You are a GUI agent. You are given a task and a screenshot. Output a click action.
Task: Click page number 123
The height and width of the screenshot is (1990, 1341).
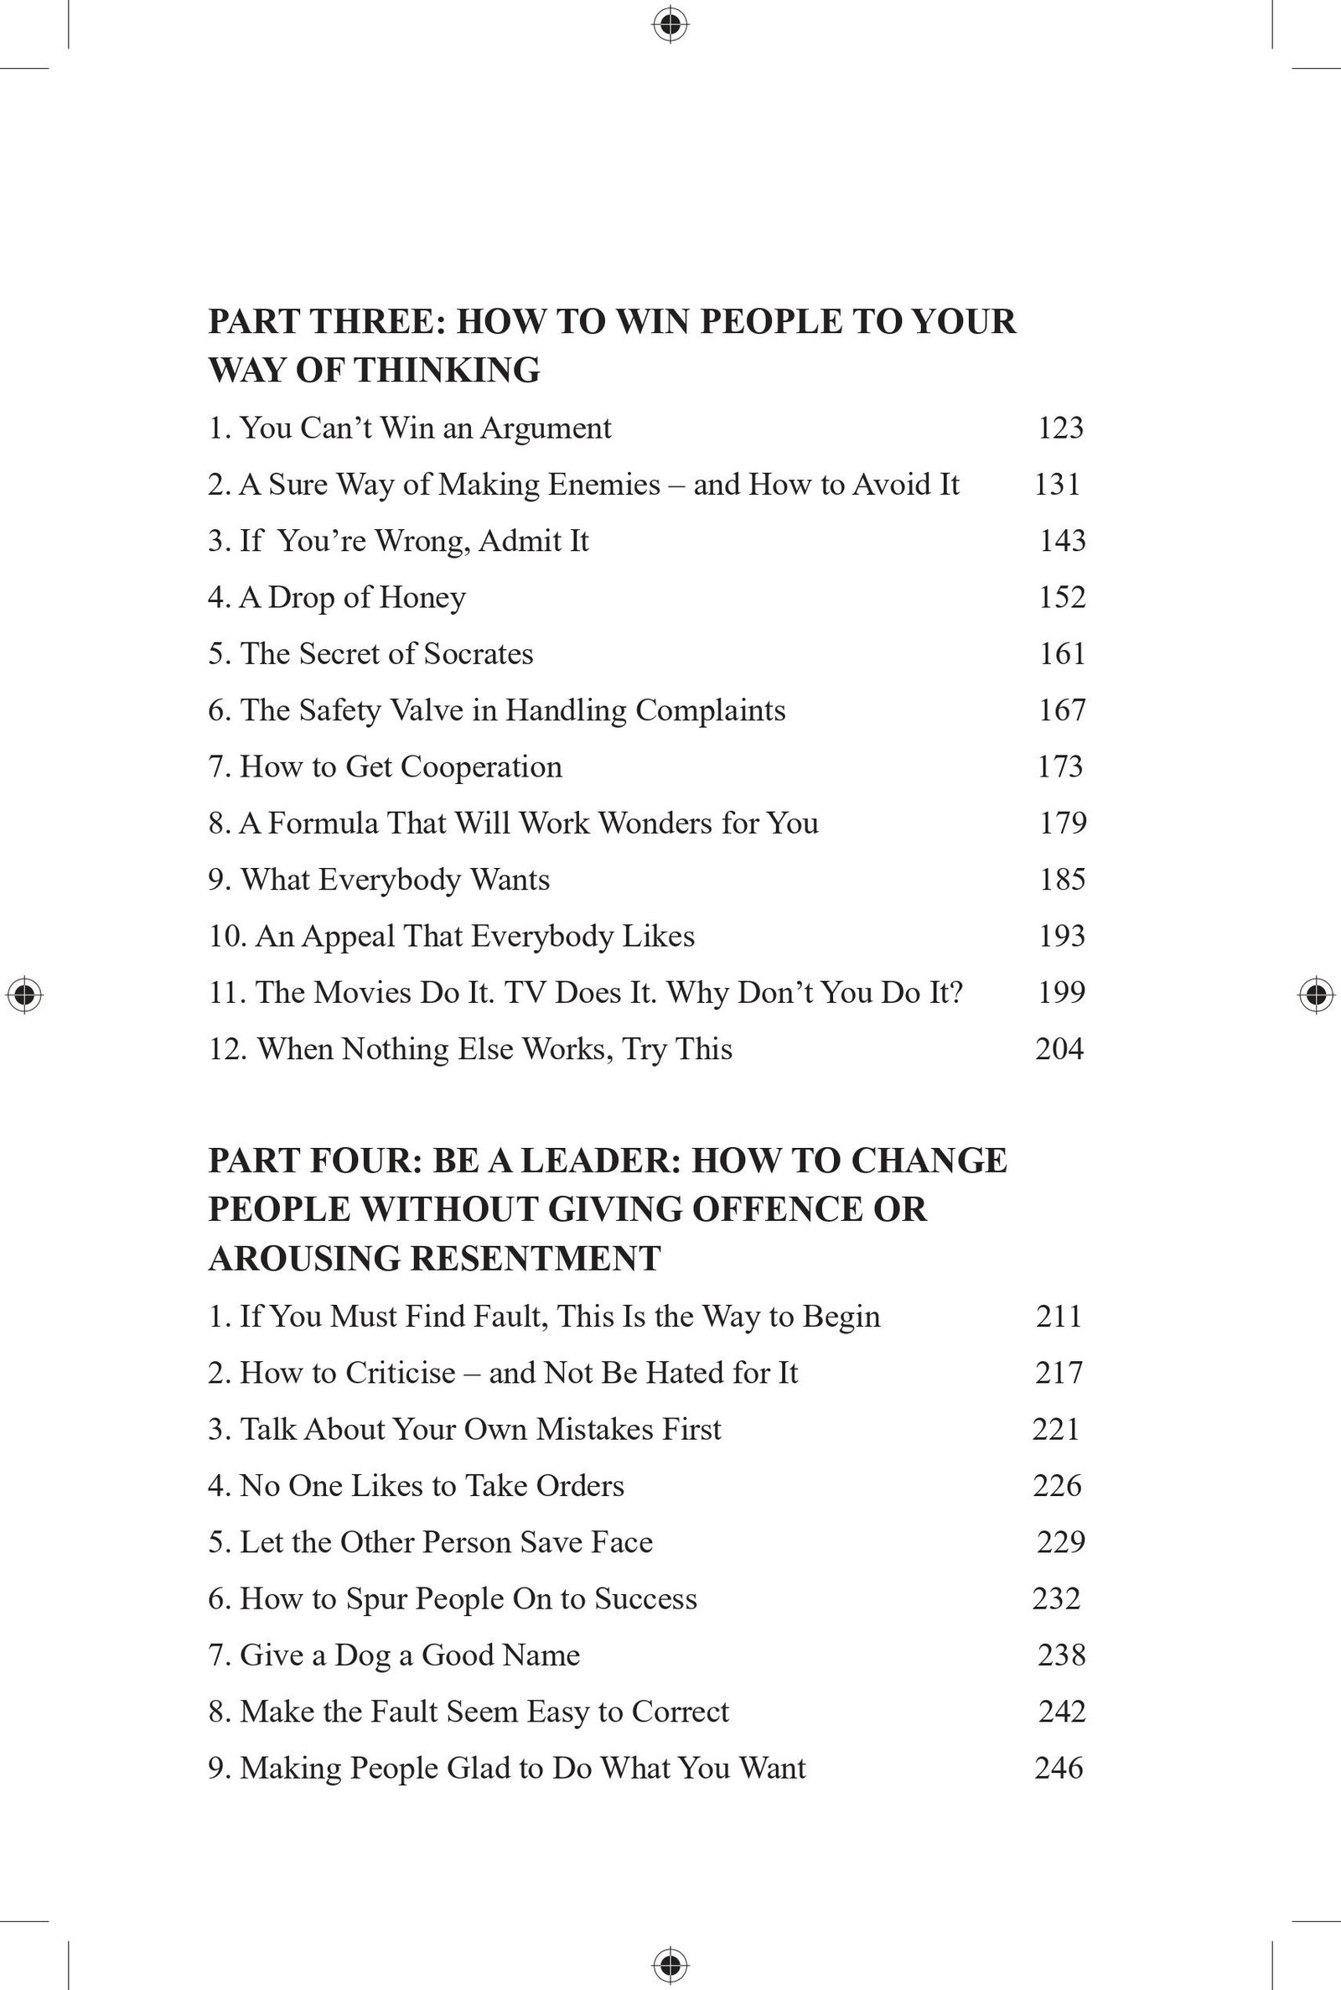tap(1060, 428)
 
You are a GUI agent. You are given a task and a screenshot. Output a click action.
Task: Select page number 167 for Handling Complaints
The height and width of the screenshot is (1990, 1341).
tap(1062, 710)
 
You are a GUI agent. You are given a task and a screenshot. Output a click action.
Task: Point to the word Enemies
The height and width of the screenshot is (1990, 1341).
tap(603, 484)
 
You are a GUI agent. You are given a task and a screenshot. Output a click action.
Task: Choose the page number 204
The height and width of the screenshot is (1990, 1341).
tap(1059, 1049)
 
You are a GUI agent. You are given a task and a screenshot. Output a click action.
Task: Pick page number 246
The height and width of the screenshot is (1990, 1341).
tap(1059, 1768)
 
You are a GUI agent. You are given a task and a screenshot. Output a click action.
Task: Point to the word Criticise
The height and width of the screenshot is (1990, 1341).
tap(401, 1372)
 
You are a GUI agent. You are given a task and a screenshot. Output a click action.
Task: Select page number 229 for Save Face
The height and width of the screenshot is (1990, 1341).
tap(1060, 1541)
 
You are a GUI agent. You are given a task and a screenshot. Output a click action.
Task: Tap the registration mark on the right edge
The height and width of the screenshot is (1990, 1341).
tap(1316, 995)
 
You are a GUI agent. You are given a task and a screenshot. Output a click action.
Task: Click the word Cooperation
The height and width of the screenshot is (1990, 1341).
tap(481, 766)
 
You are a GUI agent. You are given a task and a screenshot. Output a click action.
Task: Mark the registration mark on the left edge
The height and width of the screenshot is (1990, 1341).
tap(25, 995)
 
